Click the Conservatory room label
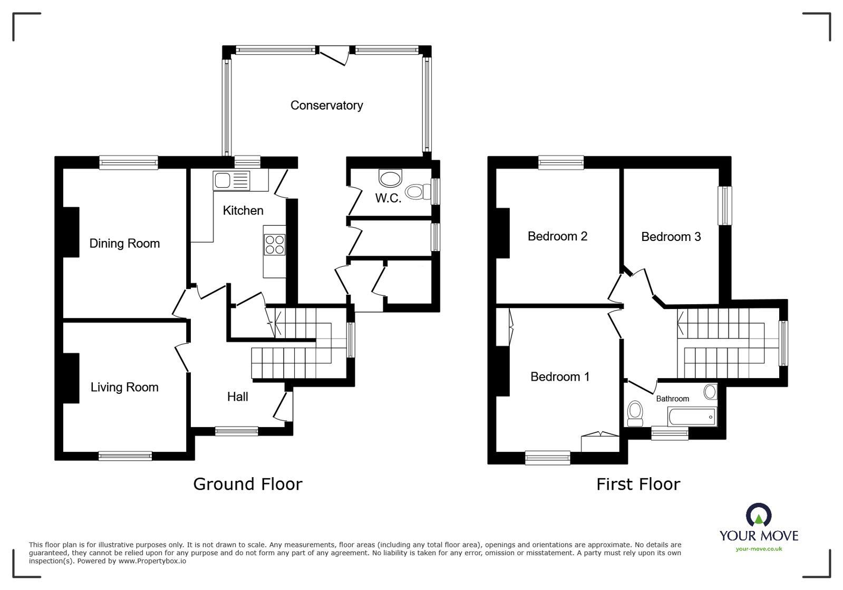(326, 105)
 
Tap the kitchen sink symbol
(231, 180)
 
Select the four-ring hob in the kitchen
(275, 245)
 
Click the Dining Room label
(124, 244)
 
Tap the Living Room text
(124, 388)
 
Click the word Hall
(237, 397)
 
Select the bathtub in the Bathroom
(692, 417)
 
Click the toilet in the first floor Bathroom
(635, 412)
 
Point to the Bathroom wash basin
(710, 392)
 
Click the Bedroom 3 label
(671, 237)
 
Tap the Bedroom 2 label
(557, 236)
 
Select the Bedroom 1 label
(559, 377)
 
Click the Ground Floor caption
(248, 484)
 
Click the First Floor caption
(638, 484)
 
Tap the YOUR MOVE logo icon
(759, 515)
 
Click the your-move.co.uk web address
(759, 549)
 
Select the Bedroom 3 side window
(726, 206)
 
